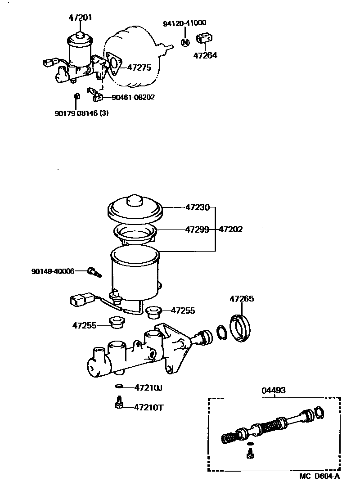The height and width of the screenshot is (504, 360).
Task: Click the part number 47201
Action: click(x=81, y=18)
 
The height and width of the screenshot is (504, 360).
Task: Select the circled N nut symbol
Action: click(x=184, y=42)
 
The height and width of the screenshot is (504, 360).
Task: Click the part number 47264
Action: click(x=205, y=56)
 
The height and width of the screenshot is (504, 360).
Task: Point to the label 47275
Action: click(x=139, y=67)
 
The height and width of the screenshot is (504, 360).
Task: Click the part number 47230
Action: click(x=198, y=207)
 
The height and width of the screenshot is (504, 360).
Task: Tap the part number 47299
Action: click(x=198, y=229)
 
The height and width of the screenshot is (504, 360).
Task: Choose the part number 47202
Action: click(x=230, y=229)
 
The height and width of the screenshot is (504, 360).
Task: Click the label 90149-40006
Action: click(x=53, y=271)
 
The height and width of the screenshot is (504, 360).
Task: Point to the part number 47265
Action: click(x=242, y=299)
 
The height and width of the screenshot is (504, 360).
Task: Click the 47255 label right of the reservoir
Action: click(x=183, y=310)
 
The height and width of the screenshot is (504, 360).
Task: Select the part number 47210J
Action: click(x=149, y=387)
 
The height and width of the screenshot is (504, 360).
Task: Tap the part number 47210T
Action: click(x=149, y=408)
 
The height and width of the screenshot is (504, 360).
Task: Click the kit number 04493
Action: click(x=273, y=391)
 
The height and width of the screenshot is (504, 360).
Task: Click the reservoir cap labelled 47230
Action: click(x=134, y=209)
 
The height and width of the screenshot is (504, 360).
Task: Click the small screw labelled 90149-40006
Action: click(x=94, y=271)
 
